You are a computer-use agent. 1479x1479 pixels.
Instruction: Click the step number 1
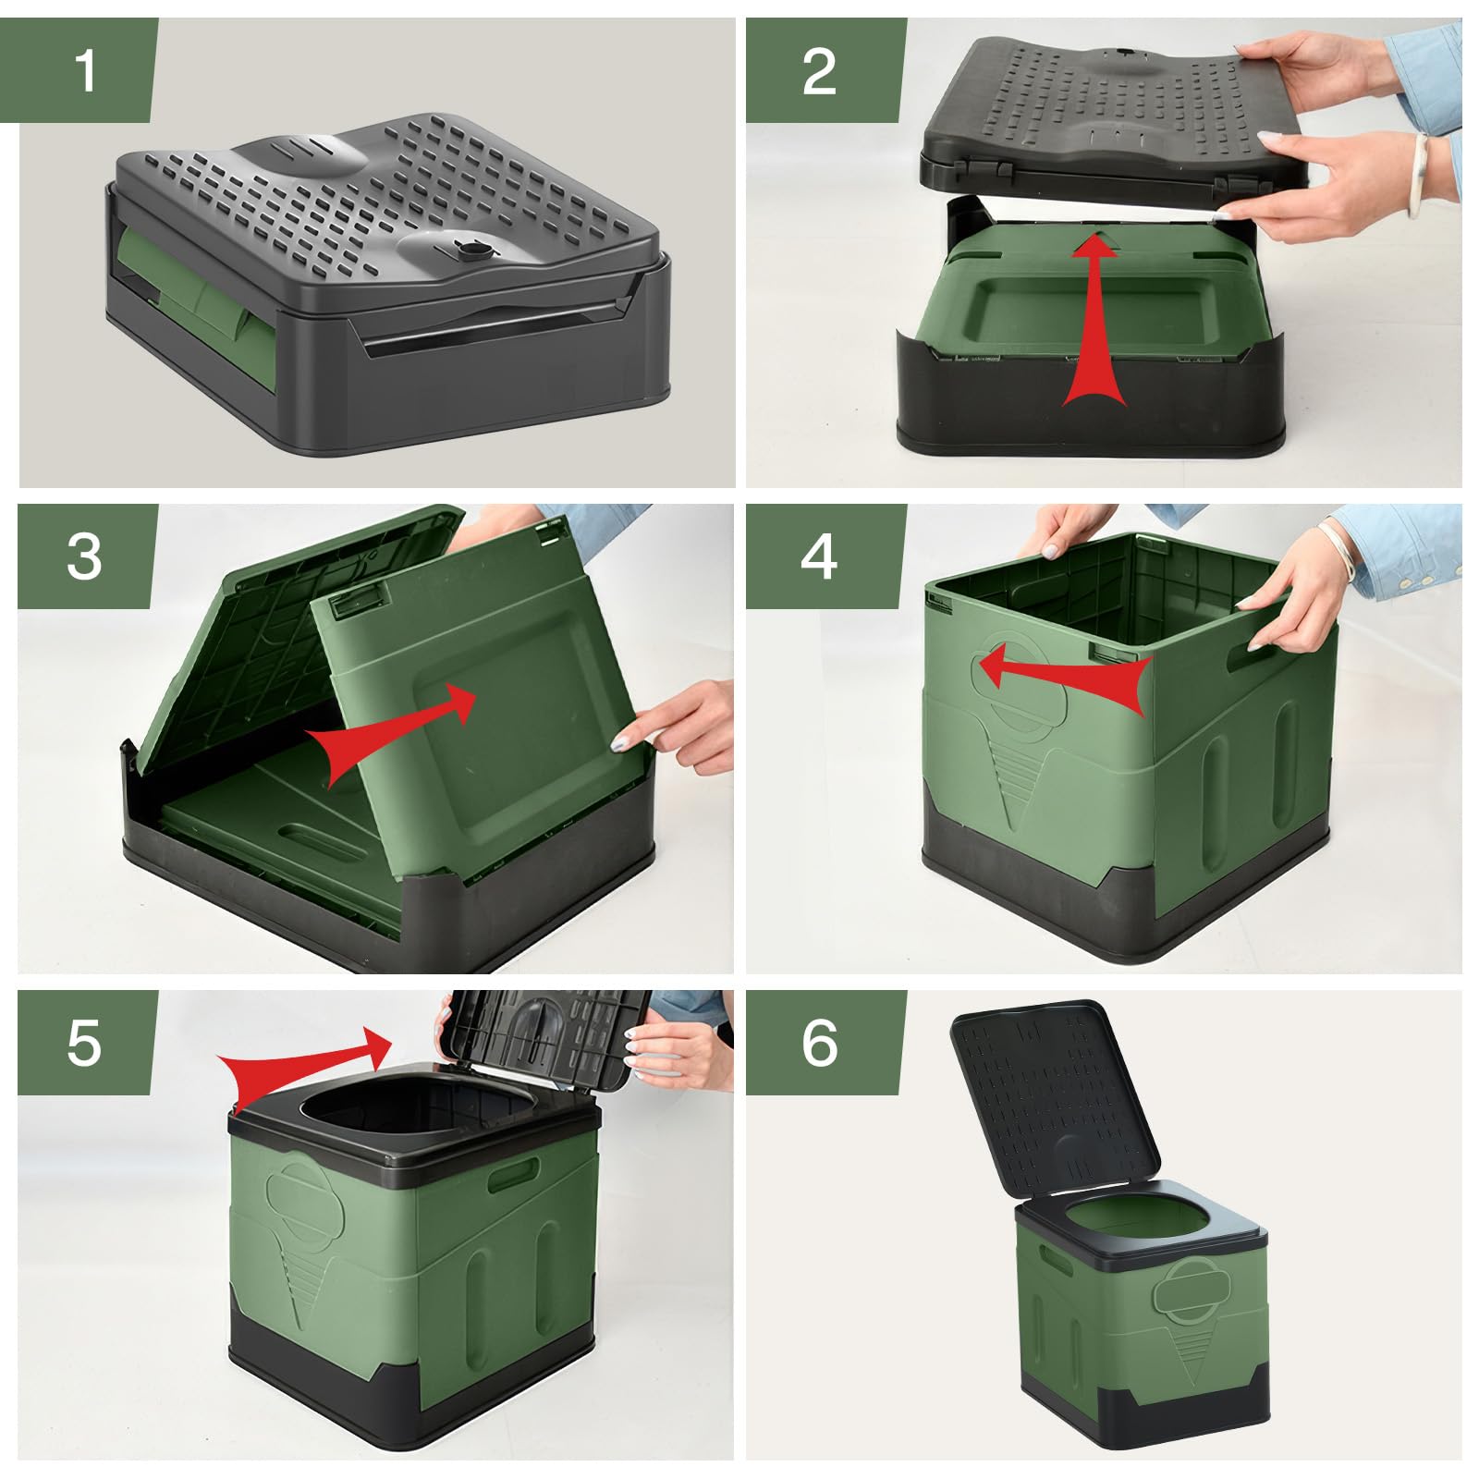[x=86, y=70]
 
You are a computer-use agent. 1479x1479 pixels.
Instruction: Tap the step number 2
[x=819, y=71]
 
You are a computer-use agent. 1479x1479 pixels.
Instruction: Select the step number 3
[x=84, y=557]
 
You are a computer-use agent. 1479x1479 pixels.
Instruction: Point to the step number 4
[x=820, y=557]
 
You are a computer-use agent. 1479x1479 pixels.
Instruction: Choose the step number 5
[x=84, y=1044]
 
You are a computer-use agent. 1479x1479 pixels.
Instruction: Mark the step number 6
[x=820, y=1044]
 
